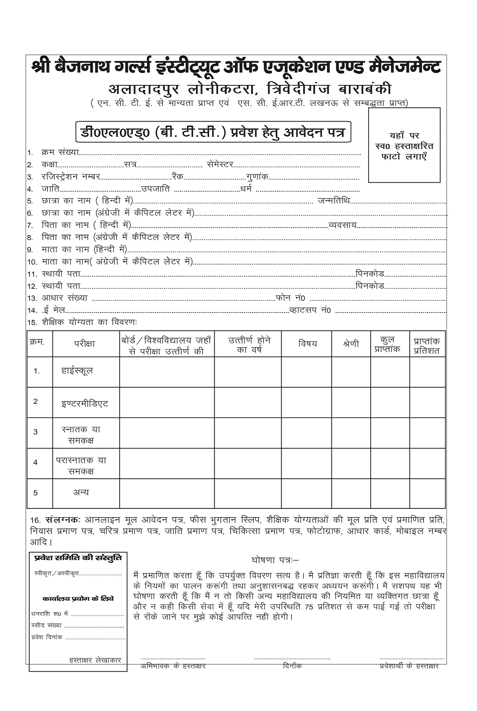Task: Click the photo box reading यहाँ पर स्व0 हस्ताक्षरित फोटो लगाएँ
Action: click(404, 145)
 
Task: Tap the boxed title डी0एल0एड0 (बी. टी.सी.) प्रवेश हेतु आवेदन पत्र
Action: click(213, 132)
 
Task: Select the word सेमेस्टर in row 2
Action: click(220, 164)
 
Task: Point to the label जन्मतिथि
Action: click(334, 201)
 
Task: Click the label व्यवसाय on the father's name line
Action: click(342, 225)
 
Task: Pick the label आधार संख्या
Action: click(64, 298)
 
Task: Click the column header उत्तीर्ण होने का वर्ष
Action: click(249, 344)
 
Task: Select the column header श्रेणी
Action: click(351, 344)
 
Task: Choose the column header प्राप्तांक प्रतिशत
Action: click(427, 346)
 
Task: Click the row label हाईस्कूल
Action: click(77, 371)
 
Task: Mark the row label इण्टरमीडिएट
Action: click(85, 404)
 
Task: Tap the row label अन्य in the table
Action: click(81, 492)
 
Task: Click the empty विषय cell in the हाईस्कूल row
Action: click(306, 372)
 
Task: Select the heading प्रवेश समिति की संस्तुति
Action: click(78, 558)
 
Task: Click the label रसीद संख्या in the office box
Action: click(47, 625)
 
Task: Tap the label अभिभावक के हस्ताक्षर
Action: click(173, 666)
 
